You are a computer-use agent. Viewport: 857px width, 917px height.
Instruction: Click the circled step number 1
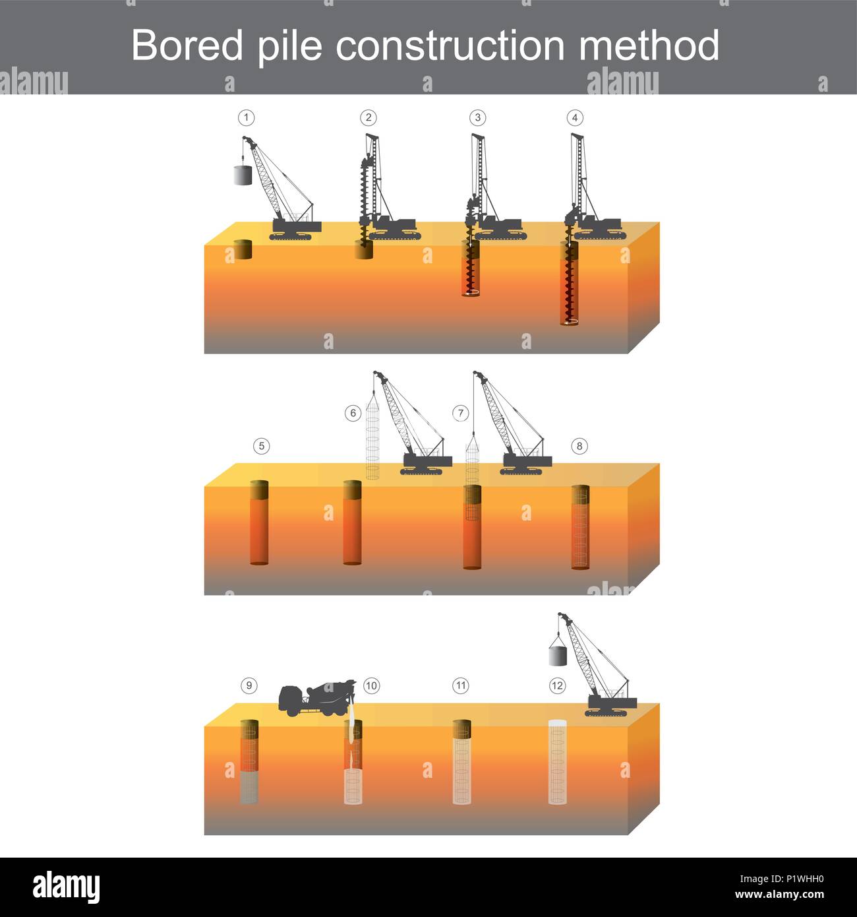pyautogui.click(x=246, y=118)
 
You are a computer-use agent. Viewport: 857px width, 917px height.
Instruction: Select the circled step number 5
pyautogui.click(x=261, y=446)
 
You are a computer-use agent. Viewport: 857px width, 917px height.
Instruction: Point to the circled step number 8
pyautogui.click(x=579, y=446)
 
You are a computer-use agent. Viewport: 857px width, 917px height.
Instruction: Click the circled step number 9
pyautogui.click(x=249, y=685)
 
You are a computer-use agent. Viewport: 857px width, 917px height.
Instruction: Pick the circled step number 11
pyautogui.click(x=460, y=685)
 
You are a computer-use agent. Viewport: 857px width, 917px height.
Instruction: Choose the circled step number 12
pyautogui.click(x=557, y=685)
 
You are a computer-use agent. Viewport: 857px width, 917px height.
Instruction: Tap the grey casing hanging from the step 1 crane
pyautogui.click(x=243, y=175)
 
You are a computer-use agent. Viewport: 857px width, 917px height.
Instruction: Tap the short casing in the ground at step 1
pyautogui.click(x=243, y=250)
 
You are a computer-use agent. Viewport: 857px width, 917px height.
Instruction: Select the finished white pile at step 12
pyautogui.click(x=558, y=763)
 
